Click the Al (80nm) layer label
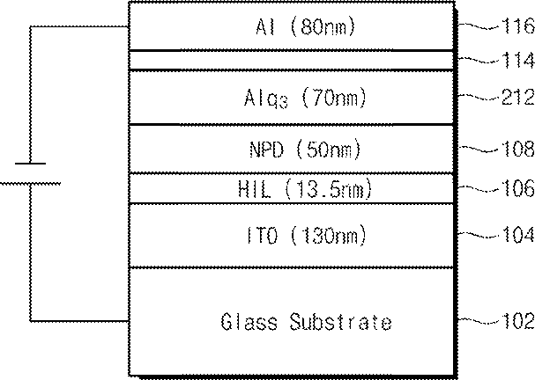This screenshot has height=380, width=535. [305, 26]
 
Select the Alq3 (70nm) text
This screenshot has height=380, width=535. [305, 99]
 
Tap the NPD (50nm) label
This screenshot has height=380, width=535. [305, 150]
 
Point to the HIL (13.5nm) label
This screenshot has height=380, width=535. [305, 189]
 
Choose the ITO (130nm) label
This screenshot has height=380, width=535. [306, 235]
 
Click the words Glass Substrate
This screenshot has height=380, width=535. [306, 321]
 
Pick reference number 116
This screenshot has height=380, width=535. [518, 26]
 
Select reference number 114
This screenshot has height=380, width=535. [518, 61]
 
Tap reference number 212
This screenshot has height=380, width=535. [518, 97]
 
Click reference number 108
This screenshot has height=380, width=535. [518, 149]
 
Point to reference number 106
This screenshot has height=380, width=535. [518, 188]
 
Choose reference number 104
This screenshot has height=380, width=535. [518, 235]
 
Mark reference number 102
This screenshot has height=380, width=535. [518, 321]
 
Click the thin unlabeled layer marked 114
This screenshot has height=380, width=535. [292, 61]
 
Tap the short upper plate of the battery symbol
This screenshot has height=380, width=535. [30, 164]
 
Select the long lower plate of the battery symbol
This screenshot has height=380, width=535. [30, 184]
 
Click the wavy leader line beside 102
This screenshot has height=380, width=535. [479, 320]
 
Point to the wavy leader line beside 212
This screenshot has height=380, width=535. [479, 97]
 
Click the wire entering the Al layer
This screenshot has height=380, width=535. [79, 26]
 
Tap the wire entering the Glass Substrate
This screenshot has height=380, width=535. [79, 320]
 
